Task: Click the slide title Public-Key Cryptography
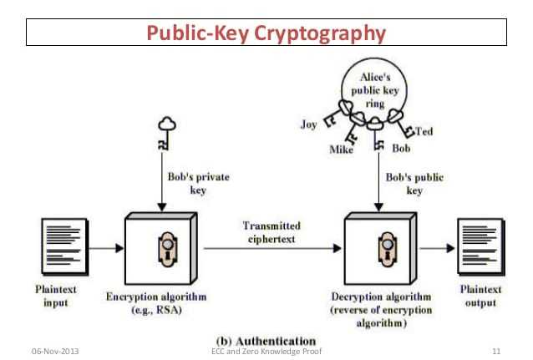[x=266, y=33]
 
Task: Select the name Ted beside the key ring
[x=424, y=131]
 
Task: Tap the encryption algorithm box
[x=160, y=249]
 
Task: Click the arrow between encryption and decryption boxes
[x=272, y=248]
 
